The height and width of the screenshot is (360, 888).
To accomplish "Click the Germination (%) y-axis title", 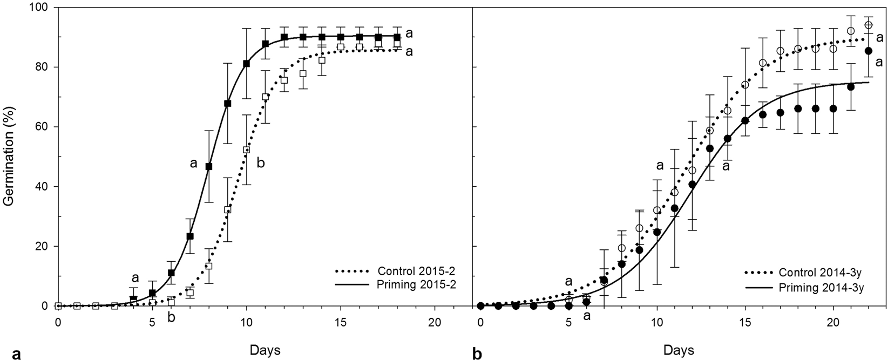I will [x=8, y=157].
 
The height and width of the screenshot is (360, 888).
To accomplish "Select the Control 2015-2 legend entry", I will [x=400, y=271].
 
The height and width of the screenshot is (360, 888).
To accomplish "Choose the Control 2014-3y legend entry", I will [x=810, y=273].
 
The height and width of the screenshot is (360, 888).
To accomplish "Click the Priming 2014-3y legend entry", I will [x=810, y=288].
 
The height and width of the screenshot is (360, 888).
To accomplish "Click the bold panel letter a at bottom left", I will [x=16, y=354].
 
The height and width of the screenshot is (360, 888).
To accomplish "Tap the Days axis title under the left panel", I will [x=265, y=349].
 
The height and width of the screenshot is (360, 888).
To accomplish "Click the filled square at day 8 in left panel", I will [x=209, y=167].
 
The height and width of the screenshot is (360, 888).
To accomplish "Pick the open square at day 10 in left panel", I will [x=247, y=150].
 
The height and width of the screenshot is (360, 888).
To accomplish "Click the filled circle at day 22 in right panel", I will [x=869, y=51].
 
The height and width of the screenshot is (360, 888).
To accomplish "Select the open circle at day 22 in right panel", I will [x=869, y=25].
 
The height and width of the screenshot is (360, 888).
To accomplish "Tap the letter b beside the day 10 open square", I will [x=261, y=163].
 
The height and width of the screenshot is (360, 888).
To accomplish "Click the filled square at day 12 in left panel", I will [x=284, y=37].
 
